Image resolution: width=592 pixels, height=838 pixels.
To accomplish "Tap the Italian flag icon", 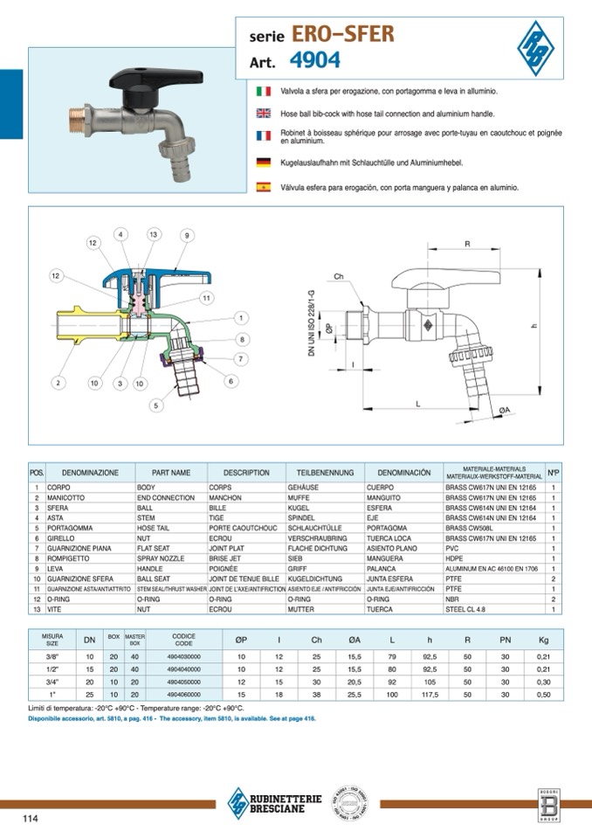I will pos(263,91).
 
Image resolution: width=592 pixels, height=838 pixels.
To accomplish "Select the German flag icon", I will pos(263,163).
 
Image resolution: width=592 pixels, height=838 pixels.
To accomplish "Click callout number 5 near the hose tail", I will pos(156,405).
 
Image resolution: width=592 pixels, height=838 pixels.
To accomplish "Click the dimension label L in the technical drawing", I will pos(418,404).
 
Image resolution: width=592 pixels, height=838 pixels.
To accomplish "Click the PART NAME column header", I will pos(171,473).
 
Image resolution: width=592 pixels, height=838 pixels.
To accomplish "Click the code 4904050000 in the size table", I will pos(184,682).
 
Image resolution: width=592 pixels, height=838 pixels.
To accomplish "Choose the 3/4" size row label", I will pos(52,682).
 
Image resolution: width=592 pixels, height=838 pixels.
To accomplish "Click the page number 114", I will pos(31,818).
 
